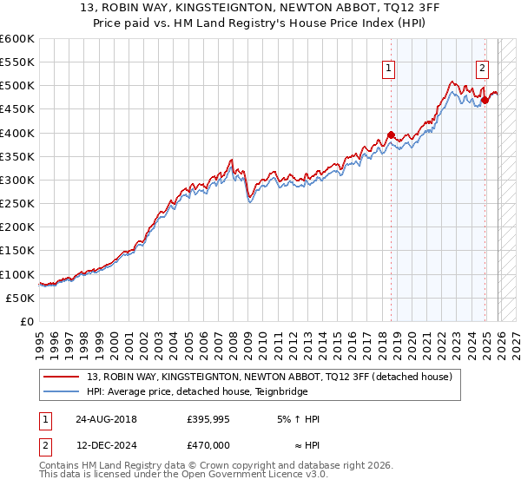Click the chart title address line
(x=260, y=9)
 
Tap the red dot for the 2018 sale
(x=391, y=135)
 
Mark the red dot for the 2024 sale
(x=485, y=100)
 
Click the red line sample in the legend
(x=63, y=378)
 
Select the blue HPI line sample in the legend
(x=63, y=391)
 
